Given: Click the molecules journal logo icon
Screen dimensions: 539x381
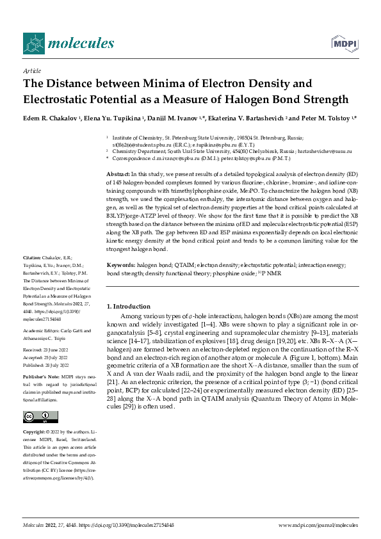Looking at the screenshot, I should tap(35, 43).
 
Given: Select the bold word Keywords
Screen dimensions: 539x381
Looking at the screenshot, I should tap(121, 264).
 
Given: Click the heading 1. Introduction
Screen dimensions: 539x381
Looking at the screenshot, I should tap(128, 307).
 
